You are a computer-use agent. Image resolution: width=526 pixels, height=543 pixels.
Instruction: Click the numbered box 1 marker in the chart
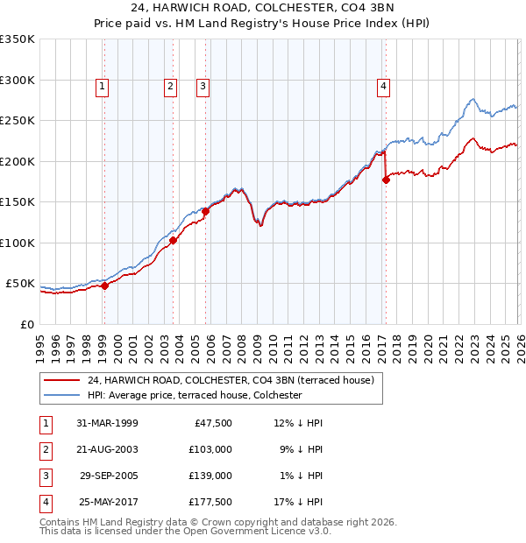click(x=103, y=86)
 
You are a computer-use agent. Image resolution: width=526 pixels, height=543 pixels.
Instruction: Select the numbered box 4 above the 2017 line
click(x=384, y=86)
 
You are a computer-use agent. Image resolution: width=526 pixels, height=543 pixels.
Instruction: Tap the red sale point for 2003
click(x=173, y=241)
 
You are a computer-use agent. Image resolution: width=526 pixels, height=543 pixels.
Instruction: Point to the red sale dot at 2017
click(x=386, y=180)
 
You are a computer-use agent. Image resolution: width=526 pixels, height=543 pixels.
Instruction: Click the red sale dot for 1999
click(x=104, y=286)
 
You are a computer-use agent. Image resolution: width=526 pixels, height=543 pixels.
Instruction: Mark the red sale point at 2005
click(x=205, y=211)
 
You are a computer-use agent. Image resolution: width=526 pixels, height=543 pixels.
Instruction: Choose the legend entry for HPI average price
click(x=194, y=395)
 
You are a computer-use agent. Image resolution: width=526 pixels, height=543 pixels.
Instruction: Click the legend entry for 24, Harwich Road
click(x=231, y=380)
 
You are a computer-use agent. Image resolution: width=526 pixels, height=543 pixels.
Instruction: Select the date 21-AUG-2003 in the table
click(x=107, y=449)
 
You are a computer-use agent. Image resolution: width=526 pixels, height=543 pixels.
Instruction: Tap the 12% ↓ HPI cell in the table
click(x=299, y=423)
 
